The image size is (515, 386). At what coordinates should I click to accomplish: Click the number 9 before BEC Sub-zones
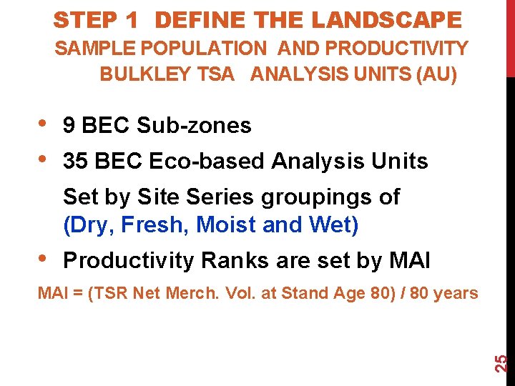[69, 126]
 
